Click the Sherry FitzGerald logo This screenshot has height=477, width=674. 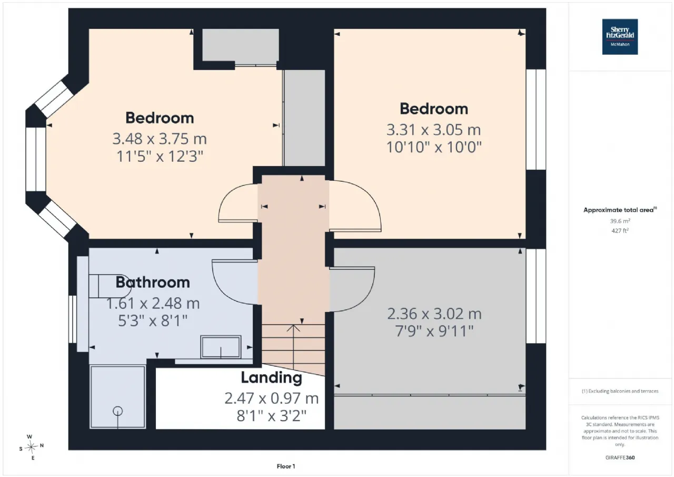(x=620, y=37)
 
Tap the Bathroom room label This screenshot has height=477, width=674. (x=153, y=283)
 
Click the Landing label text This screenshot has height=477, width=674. (x=271, y=378)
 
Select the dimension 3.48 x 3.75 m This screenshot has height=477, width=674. (x=160, y=139)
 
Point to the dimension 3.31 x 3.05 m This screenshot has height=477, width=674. (x=433, y=130)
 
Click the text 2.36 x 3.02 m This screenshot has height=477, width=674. (x=434, y=314)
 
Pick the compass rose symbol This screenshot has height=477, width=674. (x=31, y=447)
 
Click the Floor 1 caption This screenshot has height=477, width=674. (x=286, y=466)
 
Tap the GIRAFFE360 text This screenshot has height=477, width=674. (x=620, y=457)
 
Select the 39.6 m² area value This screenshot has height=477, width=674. (x=620, y=221)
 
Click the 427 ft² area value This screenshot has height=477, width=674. (x=620, y=231)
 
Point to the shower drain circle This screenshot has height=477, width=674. (x=117, y=411)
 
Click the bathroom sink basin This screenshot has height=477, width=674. (x=221, y=347)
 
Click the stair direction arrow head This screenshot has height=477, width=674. (x=293, y=328)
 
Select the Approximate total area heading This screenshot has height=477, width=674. (x=620, y=210)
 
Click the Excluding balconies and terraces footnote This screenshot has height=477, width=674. (x=620, y=391)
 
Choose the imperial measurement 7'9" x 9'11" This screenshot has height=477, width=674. (x=434, y=331)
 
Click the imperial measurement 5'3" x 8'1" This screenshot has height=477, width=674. (x=153, y=320)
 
